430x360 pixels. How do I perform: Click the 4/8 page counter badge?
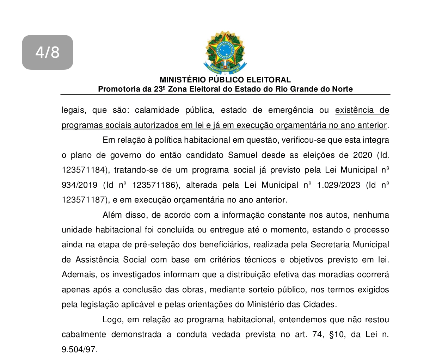click(x=48, y=52)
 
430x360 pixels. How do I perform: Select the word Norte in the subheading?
click(x=342, y=89)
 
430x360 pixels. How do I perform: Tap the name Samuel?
click(x=243, y=155)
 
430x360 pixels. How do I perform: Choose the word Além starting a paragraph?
click(x=112, y=215)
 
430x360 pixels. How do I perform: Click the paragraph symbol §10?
click(x=337, y=335)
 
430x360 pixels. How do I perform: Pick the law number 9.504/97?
click(x=79, y=350)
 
